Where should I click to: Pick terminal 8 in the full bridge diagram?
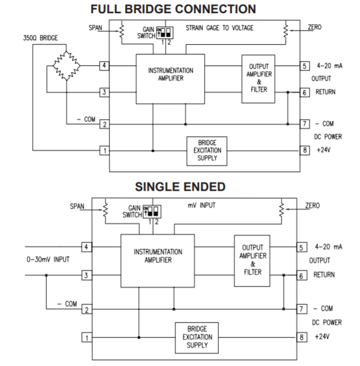pyautogui.click(x=304, y=151)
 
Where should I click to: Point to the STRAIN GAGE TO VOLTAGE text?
pyautogui.click(x=221, y=27)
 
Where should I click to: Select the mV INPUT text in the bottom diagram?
pyautogui.click(x=211, y=204)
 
